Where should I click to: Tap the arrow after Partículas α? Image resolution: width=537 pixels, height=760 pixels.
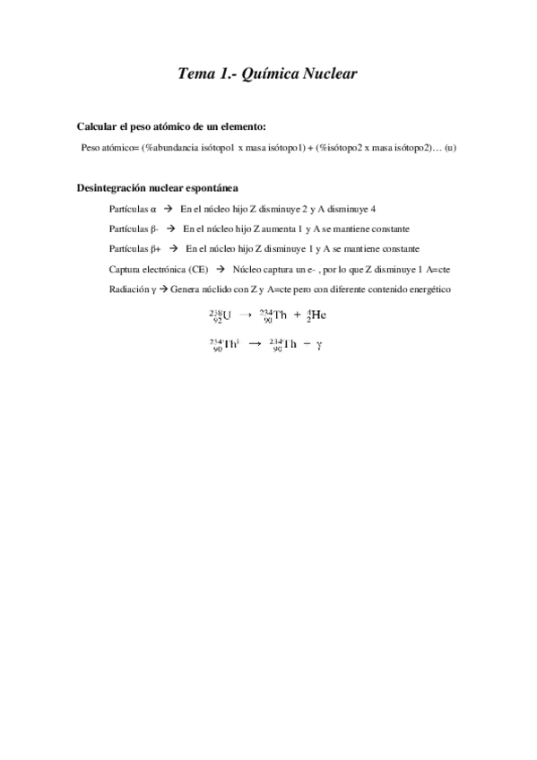(168, 209)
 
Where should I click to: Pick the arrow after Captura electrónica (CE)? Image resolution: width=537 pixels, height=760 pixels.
(220, 269)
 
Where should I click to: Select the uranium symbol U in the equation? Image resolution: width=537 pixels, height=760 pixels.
(227, 315)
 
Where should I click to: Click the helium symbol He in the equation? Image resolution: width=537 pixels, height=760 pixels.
(318, 315)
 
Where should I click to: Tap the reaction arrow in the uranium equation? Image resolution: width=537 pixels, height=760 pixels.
(245, 315)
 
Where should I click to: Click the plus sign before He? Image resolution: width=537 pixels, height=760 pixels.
(297, 315)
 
